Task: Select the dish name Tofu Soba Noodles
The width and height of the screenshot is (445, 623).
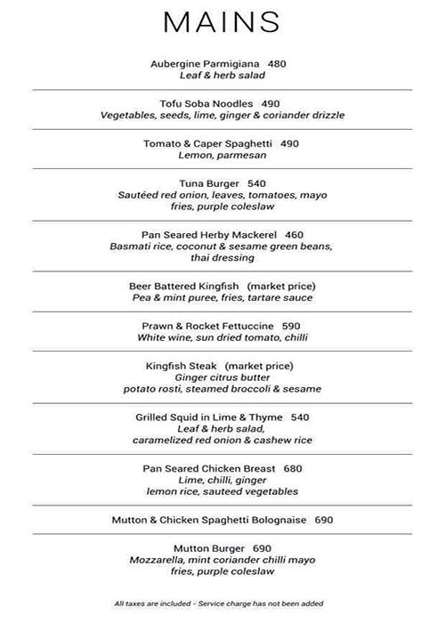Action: (206, 103)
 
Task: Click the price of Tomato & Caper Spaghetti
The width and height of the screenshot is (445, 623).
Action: (290, 142)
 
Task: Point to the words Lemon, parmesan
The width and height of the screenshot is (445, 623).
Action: (222, 155)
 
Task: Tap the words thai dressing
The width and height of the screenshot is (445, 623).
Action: (222, 258)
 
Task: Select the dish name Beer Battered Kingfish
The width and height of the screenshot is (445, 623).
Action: (185, 286)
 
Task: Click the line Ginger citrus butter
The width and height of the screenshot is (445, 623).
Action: (222, 376)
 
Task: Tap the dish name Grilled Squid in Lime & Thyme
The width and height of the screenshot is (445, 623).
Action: (210, 417)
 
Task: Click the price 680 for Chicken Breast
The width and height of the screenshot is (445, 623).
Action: (294, 468)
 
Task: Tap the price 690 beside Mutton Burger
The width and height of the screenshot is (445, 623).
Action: (262, 547)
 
